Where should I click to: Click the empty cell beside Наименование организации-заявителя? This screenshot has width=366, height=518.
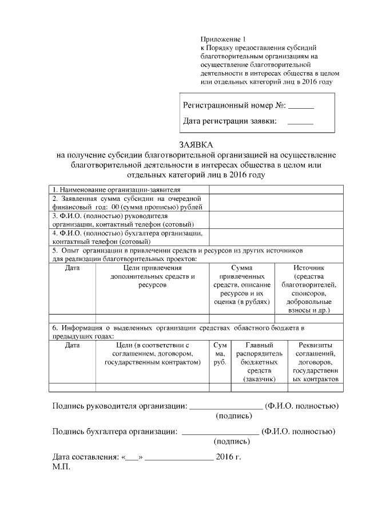276,189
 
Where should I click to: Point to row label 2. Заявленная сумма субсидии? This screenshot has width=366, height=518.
127,203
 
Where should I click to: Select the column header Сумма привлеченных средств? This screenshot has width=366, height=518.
241,284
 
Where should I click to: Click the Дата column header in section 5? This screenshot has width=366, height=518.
73,267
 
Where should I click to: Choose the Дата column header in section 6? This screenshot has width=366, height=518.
73,345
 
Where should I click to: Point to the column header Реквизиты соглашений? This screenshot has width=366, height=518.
316,362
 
